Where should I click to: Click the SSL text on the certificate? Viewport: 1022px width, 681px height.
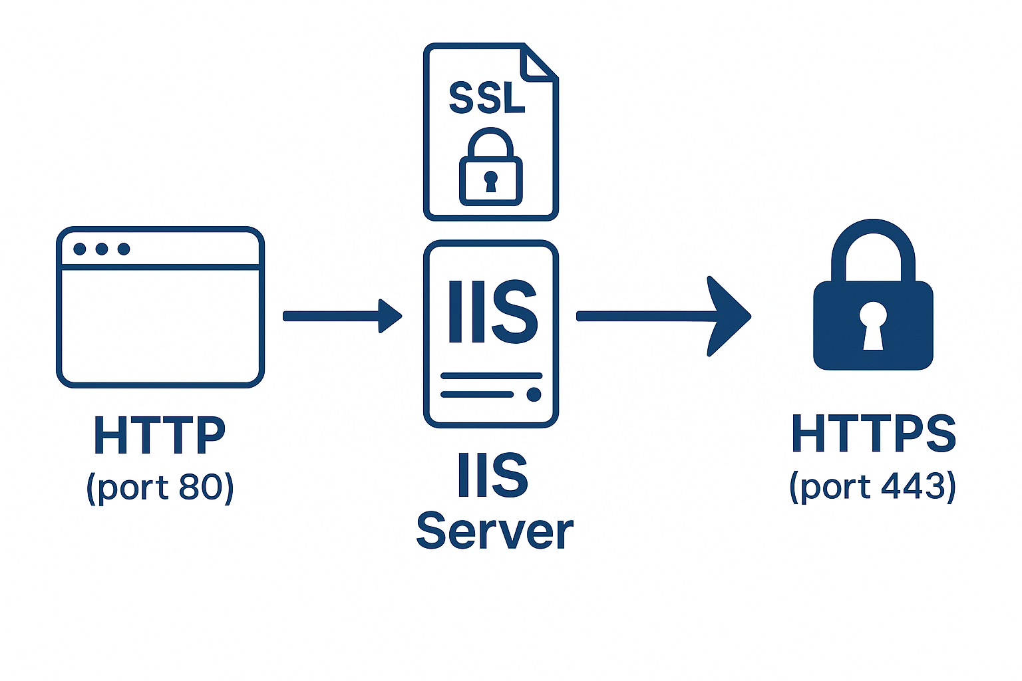point(487,98)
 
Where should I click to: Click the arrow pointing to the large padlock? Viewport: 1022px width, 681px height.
point(662,316)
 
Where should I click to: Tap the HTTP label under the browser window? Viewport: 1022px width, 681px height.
point(160,436)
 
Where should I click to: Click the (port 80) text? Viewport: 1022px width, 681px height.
point(160,487)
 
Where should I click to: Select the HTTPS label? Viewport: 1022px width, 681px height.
point(873,434)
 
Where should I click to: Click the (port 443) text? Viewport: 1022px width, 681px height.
point(873,486)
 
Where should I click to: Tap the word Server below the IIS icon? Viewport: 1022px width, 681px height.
point(494,532)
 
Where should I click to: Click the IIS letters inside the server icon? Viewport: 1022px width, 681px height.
point(492,311)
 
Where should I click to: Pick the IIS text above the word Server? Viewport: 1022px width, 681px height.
point(492,475)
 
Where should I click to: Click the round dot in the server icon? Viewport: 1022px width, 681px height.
point(534,394)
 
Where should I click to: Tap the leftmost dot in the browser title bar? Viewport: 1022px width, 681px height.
point(80,249)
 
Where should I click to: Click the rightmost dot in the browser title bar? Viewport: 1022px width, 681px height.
point(124,249)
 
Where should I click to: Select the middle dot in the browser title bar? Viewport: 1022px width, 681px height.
point(102,249)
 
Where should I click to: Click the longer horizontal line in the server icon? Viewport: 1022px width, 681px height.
point(491,376)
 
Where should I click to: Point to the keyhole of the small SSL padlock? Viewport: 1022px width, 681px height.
point(491,180)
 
